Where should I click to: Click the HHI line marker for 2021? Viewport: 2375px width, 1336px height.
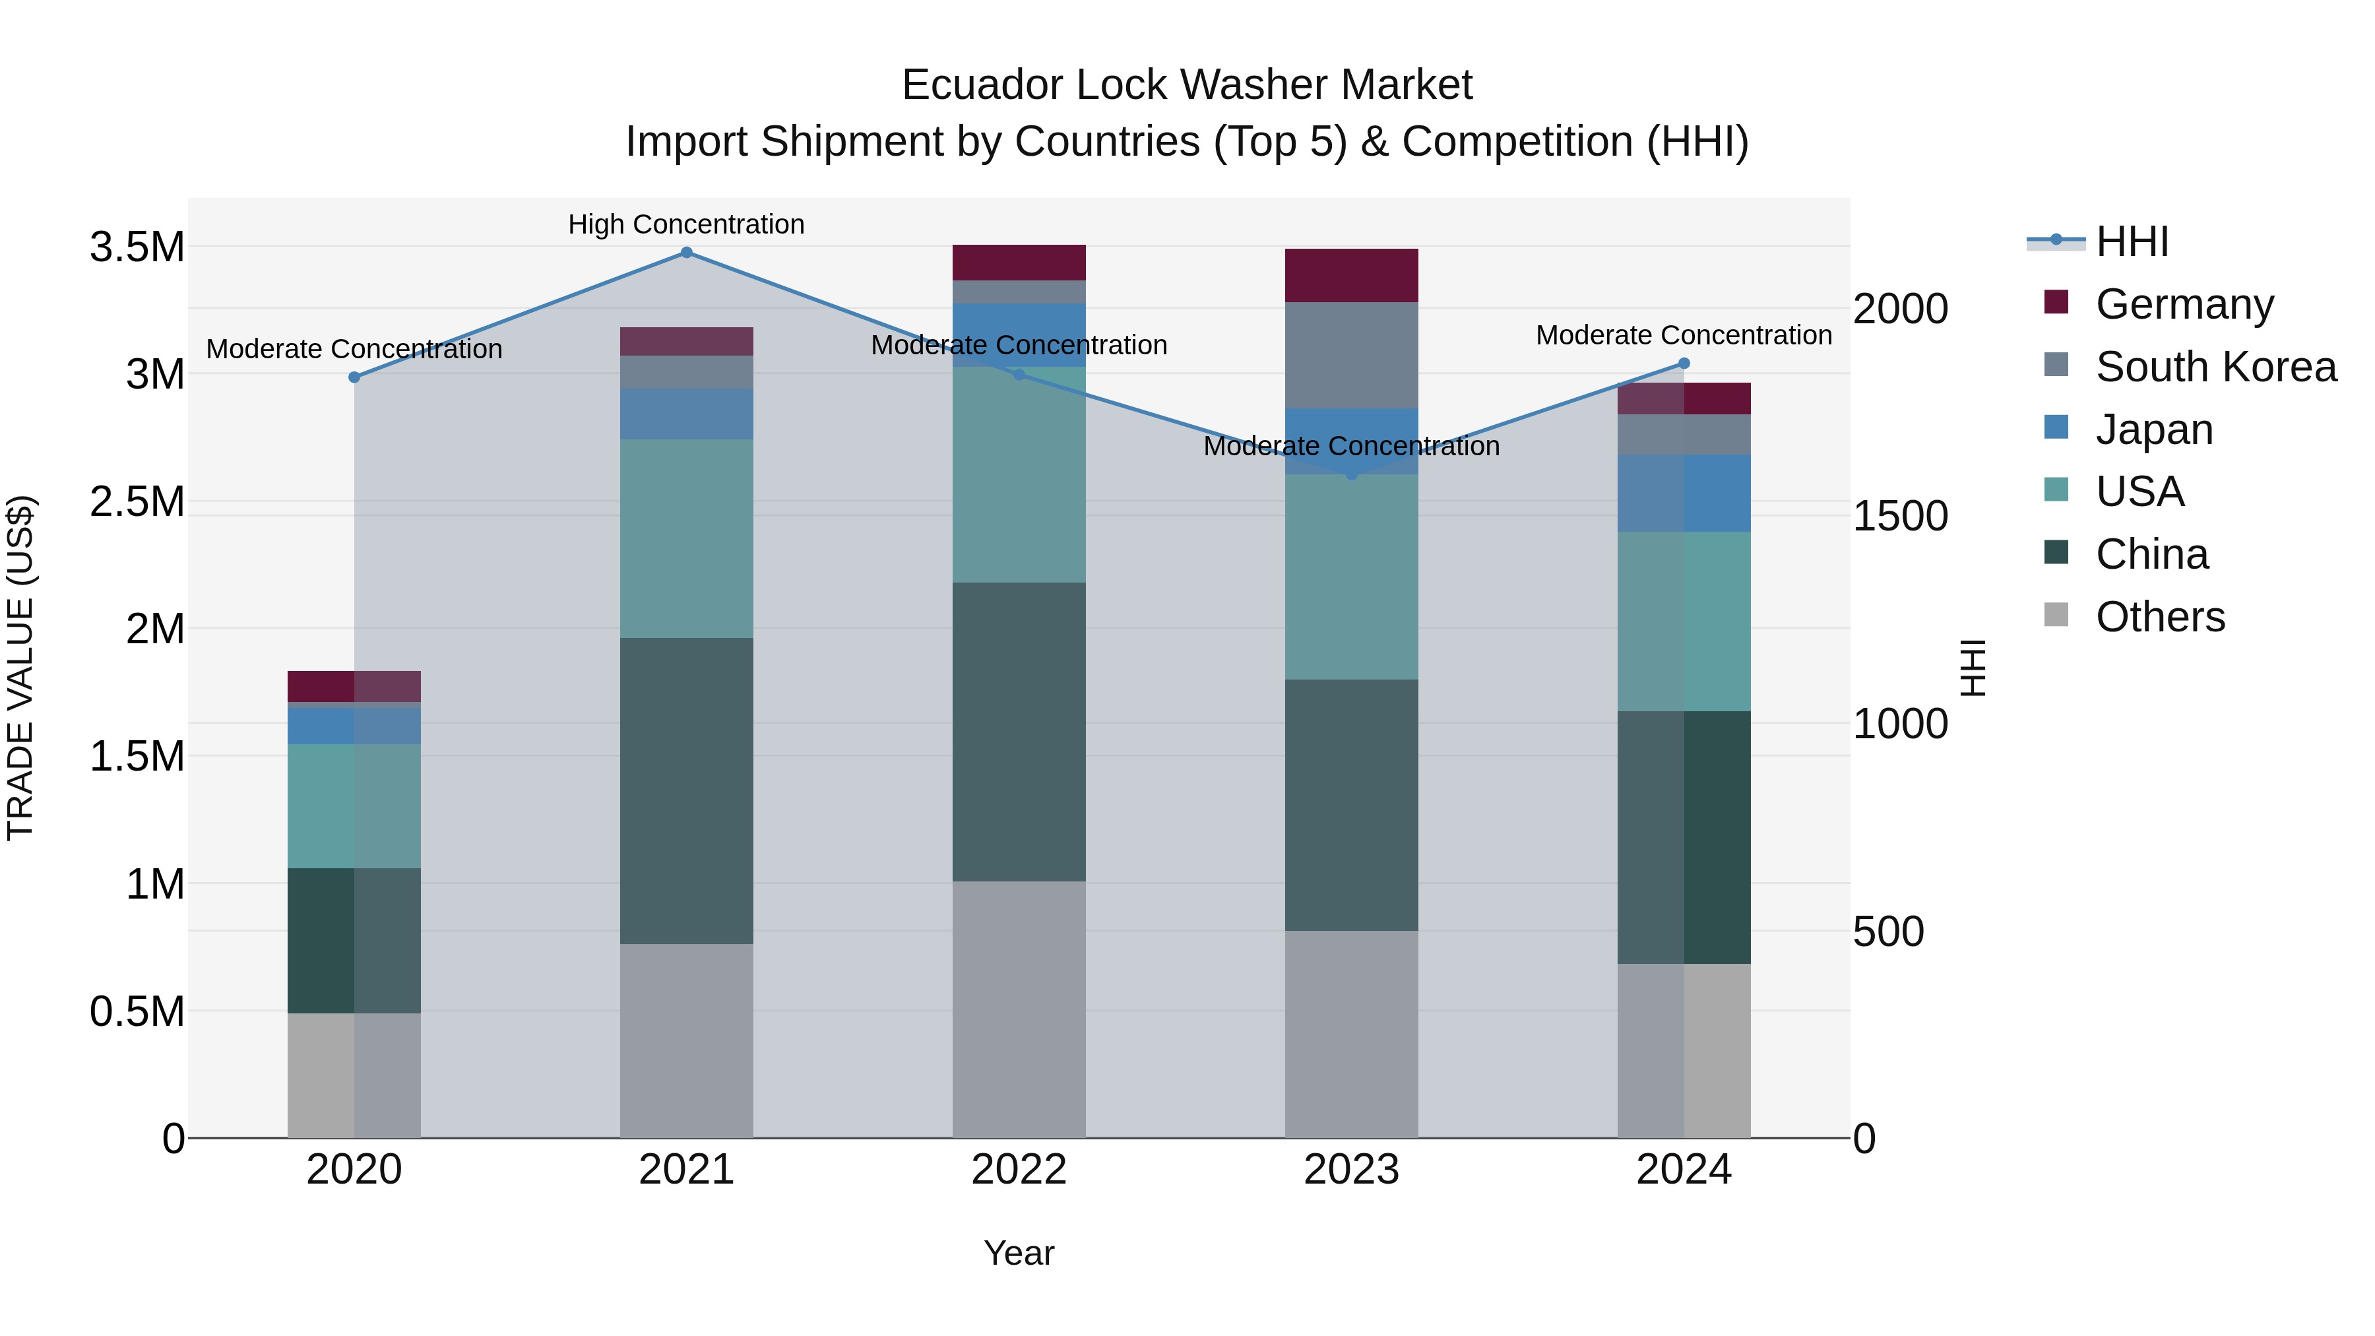tap(686, 253)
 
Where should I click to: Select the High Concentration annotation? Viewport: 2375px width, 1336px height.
tap(686, 224)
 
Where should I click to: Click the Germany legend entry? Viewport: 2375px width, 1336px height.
tap(2184, 304)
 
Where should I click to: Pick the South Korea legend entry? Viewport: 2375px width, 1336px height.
tap(2215, 367)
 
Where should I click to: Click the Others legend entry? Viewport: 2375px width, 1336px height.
tap(2159, 617)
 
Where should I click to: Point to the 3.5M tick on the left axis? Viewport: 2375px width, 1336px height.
tap(137, 247)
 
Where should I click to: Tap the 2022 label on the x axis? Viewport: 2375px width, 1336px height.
tap(1019, 1170)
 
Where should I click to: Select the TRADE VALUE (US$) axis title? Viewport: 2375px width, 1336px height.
tap(20, 668)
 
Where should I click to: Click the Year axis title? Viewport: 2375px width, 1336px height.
tap(1019, 1253)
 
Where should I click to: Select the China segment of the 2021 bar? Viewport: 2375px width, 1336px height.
tap(686, 790)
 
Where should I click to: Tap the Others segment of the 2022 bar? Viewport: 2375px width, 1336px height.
tap(1019, 1009)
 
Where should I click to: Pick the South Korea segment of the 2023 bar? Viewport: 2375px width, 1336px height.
tap(1352, 355)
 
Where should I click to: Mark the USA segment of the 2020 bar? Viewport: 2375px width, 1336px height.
tap(354, 806)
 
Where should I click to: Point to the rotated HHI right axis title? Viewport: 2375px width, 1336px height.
tap(1972, 668)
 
